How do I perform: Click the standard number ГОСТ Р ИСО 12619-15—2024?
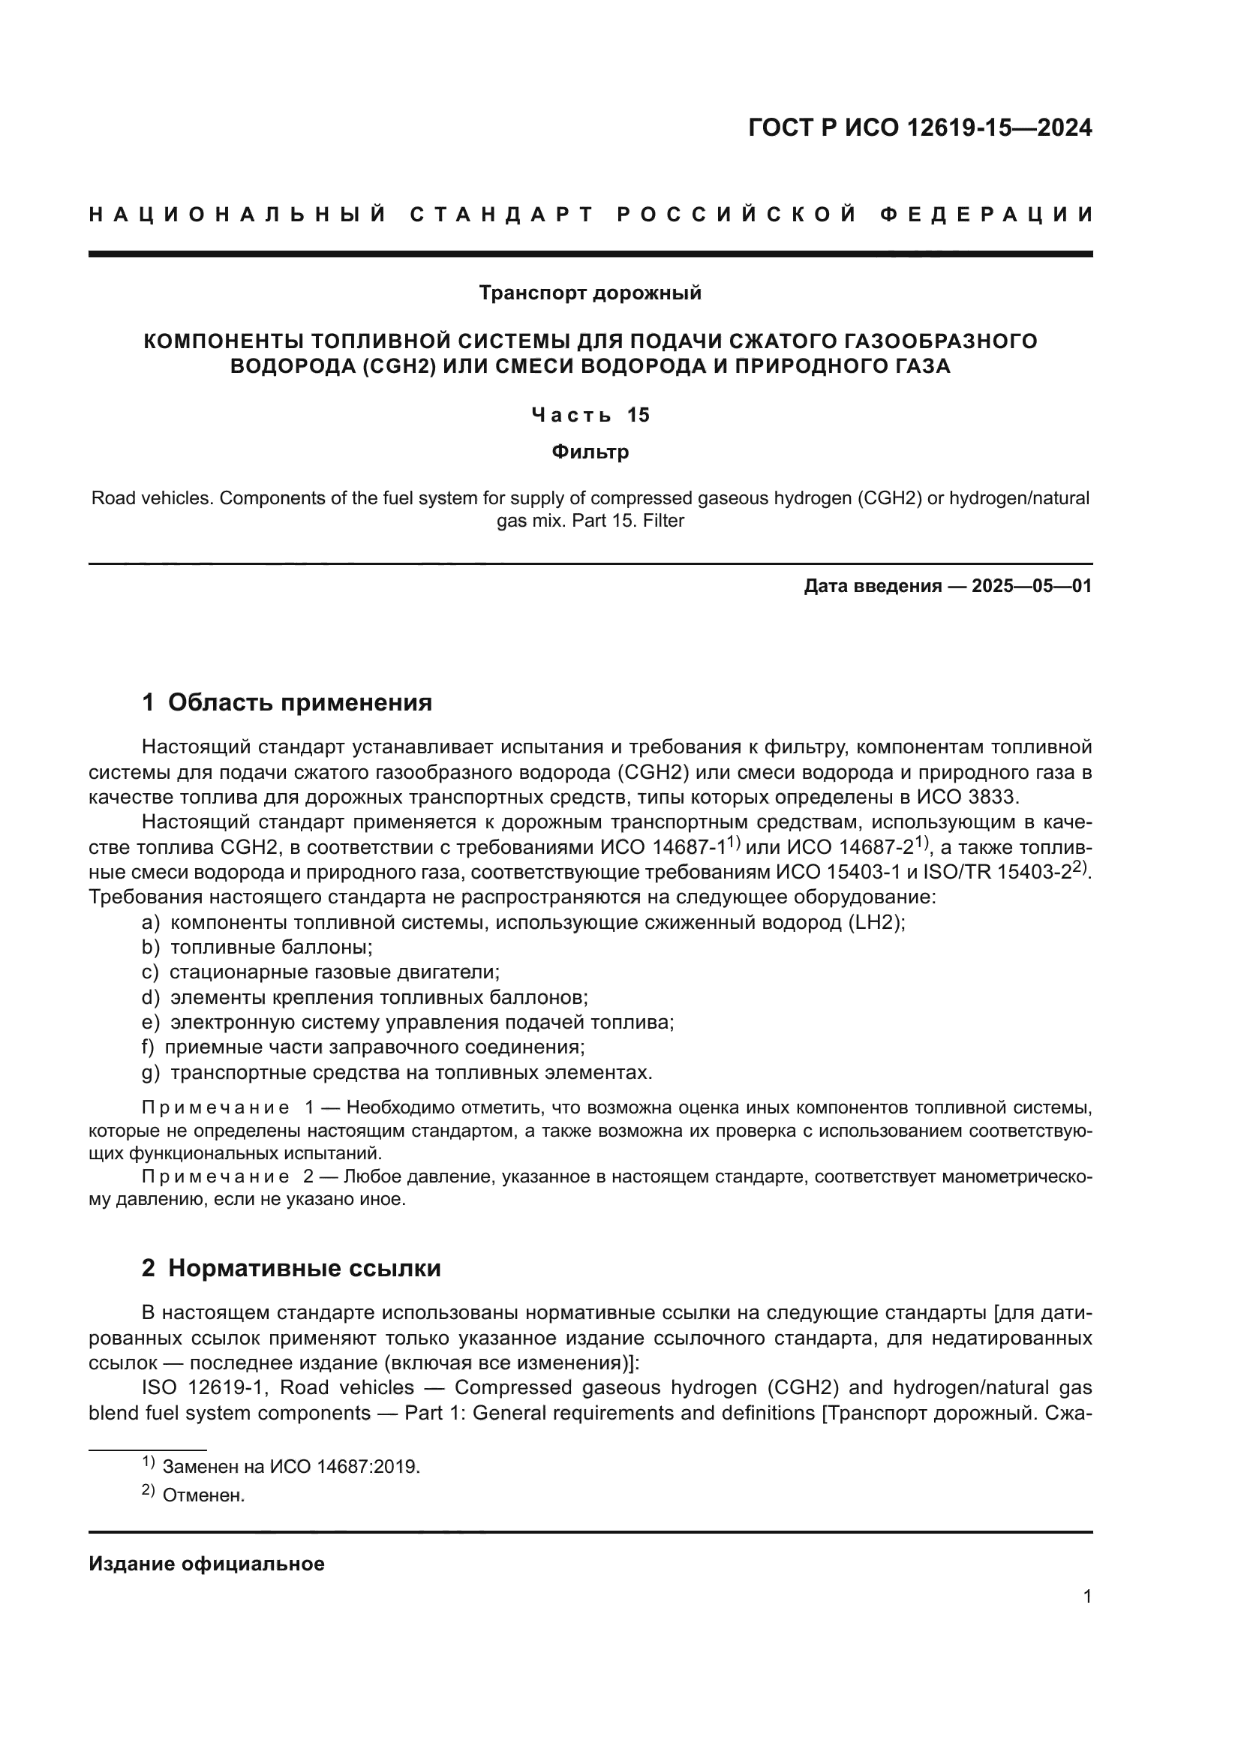[x=919, y=128]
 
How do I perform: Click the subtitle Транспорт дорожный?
[x=590, y=293]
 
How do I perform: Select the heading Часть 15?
[x=590, y=415]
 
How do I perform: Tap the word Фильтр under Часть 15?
[x=590, y=452]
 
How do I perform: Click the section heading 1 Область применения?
[x=287, y=702]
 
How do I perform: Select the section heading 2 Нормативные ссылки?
[x=291, y=1268]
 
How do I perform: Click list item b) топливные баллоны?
[x=257, y=947]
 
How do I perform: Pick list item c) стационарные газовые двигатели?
[x=320, y=972]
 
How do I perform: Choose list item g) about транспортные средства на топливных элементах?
[x=398, y=1072]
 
